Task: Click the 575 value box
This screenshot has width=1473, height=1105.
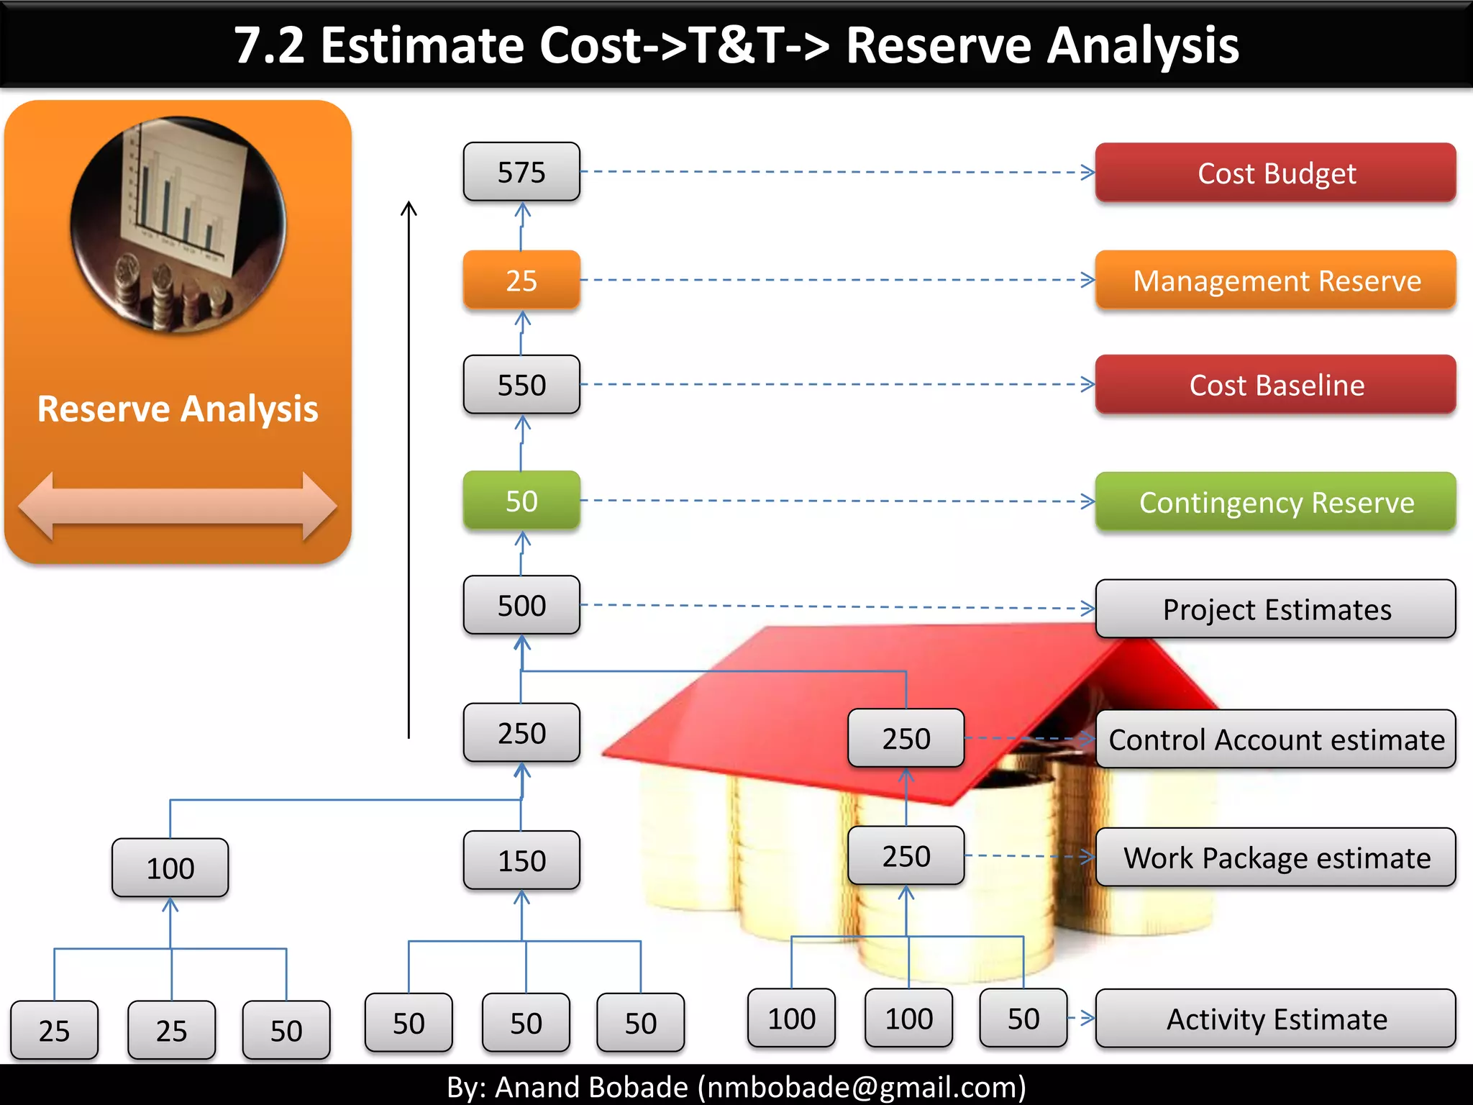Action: pyautogui.click(x=521, y=172)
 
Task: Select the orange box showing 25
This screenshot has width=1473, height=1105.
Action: pyautogui.click(x=521, y=280)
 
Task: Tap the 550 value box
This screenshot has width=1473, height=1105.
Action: pyautogui.click(x=521, y=385)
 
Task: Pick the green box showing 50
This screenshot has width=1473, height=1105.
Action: pyautogui.click(x=521, y=501)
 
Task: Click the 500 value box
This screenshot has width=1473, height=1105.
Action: pyautogui.click(x=521, y=605)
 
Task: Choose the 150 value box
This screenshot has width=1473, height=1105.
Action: pyautogui.click(x=521, y=860)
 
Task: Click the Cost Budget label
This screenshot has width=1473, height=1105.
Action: pyautogui.click(x=1275, y=173)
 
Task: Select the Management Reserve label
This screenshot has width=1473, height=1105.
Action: pyautogui.click(x=1275, y=281)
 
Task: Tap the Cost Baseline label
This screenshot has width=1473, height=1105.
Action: pyautogui.click(x=1275, y=385)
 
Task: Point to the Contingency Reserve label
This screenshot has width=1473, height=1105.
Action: pyautogui.click(x=1275, y=502)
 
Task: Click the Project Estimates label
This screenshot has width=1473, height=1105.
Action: pyautogui.click(x=1275, y=609)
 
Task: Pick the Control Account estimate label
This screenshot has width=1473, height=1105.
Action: pyautogui.click(x=1275, y=740)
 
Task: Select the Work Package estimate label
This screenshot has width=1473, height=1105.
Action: pyautogui.click(x=1275, y=858)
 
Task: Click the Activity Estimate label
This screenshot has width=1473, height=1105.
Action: pyautogui.click(x=1275, y=1019)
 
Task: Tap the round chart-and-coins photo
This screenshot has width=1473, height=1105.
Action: pyautogui.click(x=178, y=224)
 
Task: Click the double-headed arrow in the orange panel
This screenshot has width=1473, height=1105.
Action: pyautogui.click(x=178, y=506)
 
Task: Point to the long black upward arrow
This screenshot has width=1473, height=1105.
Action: pyautogui.click(x=409, y=468)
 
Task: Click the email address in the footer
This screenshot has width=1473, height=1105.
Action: pyautogui.click(x=862, y=1087)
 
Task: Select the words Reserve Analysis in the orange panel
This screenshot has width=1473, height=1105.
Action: pyautogui.click(x=178, y=409)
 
